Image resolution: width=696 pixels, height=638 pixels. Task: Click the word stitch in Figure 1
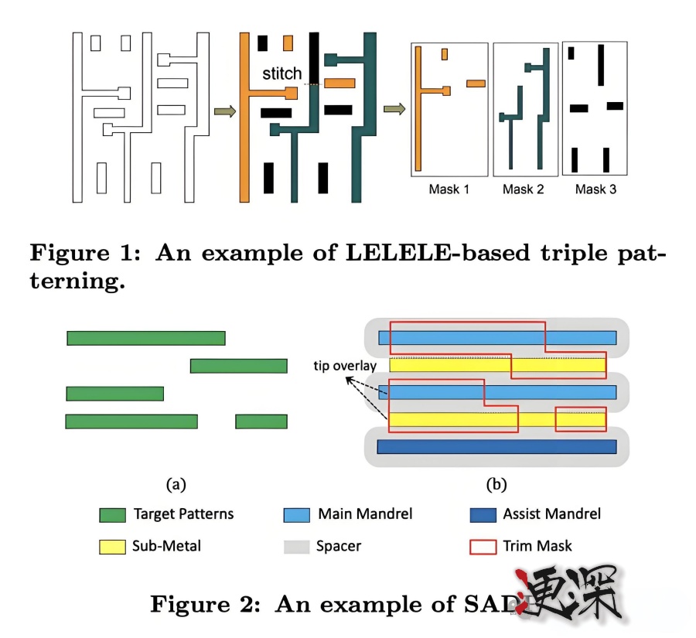click(x=282, y=73)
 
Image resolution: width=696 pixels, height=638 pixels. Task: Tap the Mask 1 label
click(x=449, y=189)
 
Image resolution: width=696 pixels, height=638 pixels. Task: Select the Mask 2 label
click(x=523, y=189)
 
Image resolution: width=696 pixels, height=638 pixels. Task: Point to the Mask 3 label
click(x=596, y=189)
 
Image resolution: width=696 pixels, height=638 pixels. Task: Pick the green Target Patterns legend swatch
click(x=112, y=515)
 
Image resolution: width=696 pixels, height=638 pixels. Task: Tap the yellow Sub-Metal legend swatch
click(x=112, y=547)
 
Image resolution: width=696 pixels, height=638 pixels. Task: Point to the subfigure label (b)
click(x=496, y=485)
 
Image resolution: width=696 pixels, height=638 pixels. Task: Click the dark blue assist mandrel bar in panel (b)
click(x=496, y=446)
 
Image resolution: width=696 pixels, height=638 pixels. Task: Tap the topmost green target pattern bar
click(x=146, y=338)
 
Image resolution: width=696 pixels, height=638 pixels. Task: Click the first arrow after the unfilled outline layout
click(x=225, y=112)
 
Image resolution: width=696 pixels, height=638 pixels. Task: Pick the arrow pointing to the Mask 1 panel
click(x=394, y=109)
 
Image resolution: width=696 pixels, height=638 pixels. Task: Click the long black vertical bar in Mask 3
click(x=601, y=65)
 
